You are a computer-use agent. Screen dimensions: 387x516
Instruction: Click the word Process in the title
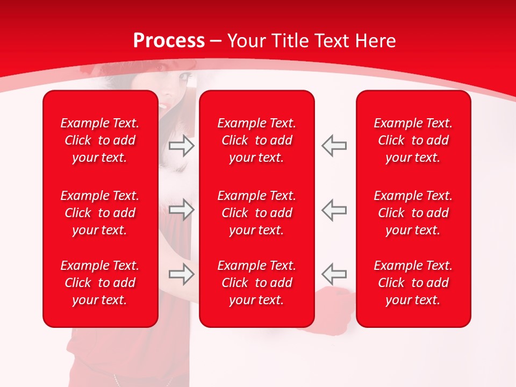[x=169, y=41]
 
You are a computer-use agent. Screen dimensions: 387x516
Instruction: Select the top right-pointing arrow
[x=182, y=146]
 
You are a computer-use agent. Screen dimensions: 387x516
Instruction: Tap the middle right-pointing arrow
[x=182, y=210]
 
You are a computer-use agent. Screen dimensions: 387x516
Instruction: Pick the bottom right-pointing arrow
[x=182, y=274]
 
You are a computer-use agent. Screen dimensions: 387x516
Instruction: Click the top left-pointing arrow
[x=334, y=146]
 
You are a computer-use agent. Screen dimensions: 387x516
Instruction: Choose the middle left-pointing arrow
[x=334, y=210]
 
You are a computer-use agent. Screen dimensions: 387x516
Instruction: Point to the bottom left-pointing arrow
[x=334, y=274]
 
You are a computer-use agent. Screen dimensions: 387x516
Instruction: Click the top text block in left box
[x=100, y=140]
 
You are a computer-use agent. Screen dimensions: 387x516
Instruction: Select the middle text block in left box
[x=100, y=213]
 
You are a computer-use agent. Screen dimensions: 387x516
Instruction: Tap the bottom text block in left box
[x=100, y=283]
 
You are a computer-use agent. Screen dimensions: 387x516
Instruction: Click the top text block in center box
[x=257, y=140]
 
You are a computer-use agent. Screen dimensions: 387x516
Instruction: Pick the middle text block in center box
[x=257, y=213]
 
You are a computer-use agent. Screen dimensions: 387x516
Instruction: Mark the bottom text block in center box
[x=257, y=283]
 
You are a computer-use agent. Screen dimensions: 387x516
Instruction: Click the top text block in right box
[x=413, y=140]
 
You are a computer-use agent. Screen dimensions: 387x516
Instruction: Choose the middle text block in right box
[x=413, y=213]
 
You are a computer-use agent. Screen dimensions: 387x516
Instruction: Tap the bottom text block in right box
[x=413, y=283]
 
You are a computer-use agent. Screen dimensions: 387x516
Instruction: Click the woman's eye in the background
[x=184, y=77]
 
